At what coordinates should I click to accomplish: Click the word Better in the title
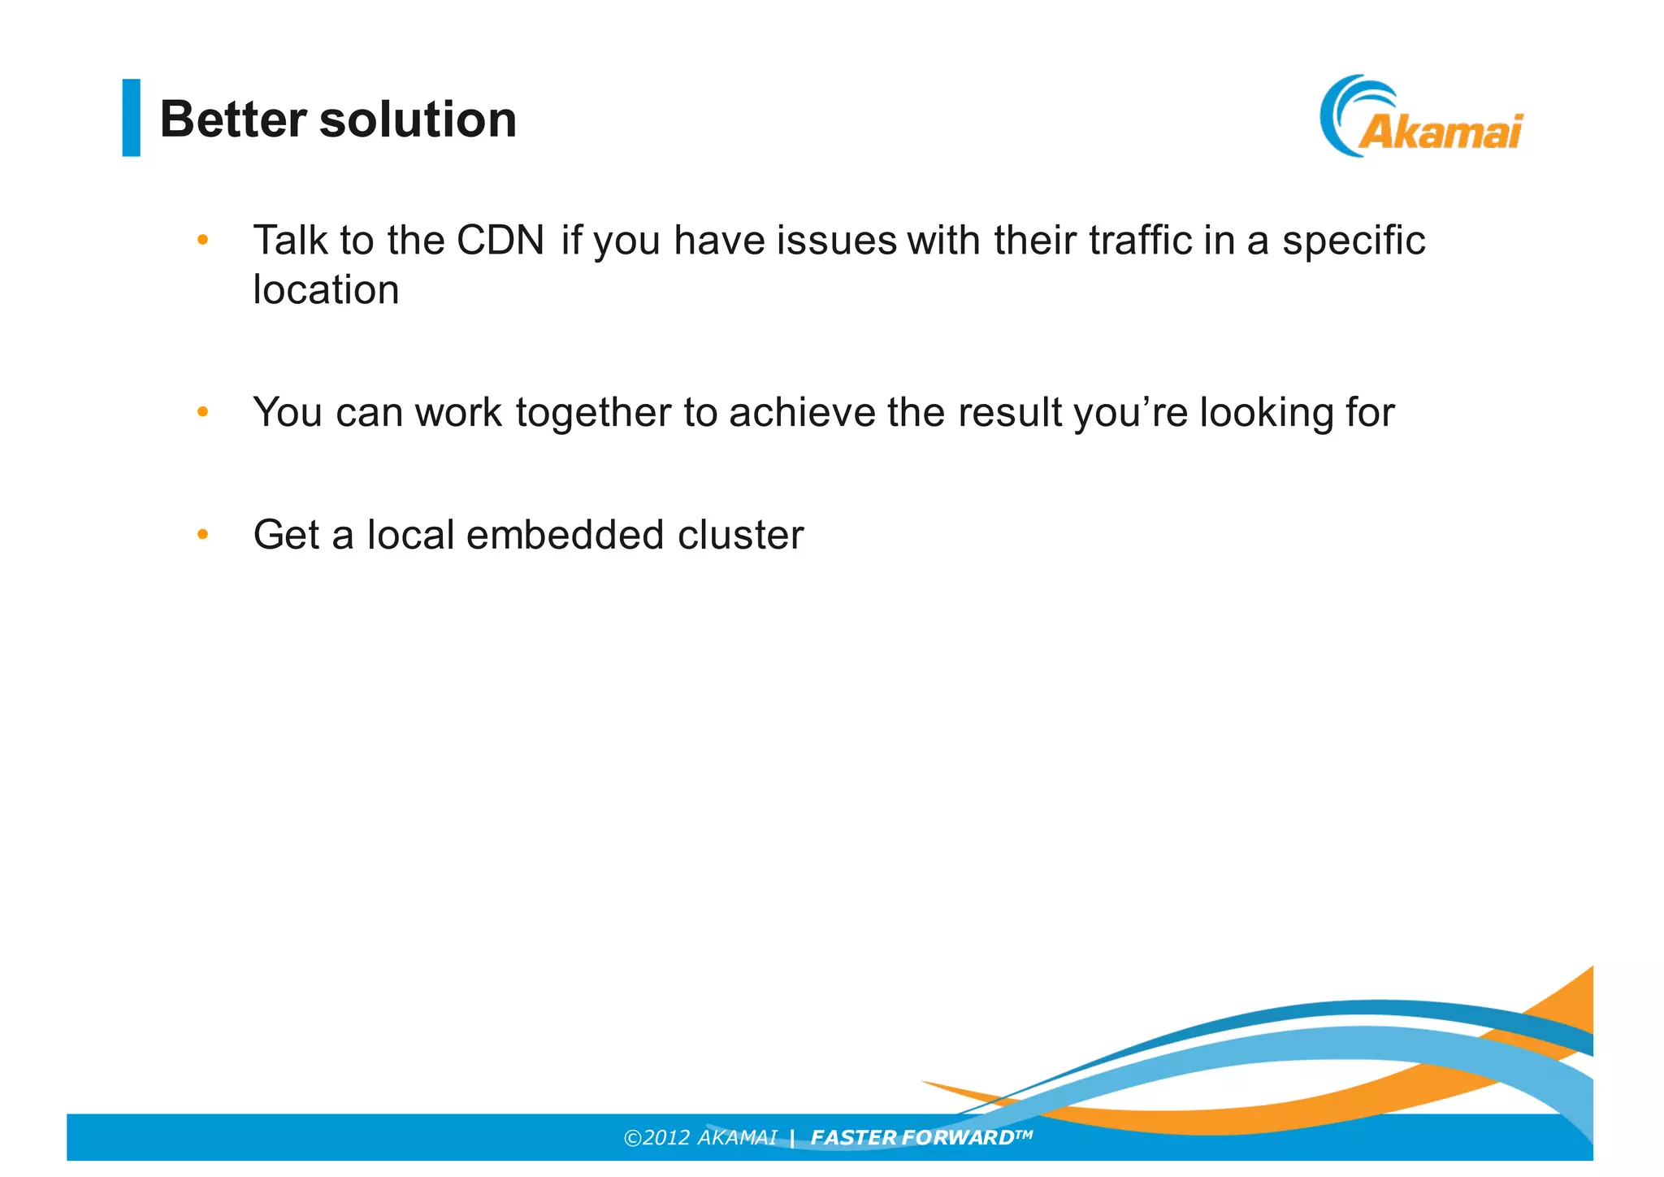[x=232, y=119]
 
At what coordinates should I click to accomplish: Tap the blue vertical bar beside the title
[x=131, y=117]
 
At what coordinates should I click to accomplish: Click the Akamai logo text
[x=1441, y=131]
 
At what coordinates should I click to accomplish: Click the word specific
[x=1353, y=241]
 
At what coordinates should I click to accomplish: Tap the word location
[x=326, y=290]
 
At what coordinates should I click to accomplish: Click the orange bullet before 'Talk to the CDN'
[x=203, y=240]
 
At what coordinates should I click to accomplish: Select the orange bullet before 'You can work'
[x=203, y=412]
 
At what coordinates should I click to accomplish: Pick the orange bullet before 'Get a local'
[x=203, y=534]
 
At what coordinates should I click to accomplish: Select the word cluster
[x=740, y=535]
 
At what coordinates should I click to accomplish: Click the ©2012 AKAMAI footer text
[x=700, y=1137]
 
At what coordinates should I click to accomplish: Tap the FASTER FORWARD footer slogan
[x=920, y=1137]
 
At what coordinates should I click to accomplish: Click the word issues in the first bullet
[x=836, y=241]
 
